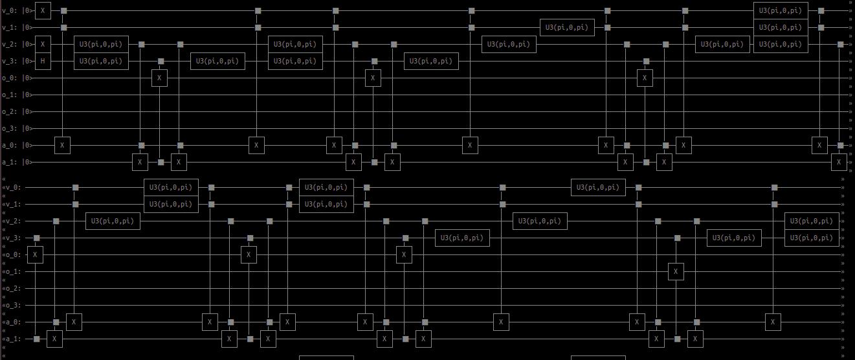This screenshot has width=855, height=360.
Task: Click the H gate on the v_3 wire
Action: pyautogui.click(x=43, y=62)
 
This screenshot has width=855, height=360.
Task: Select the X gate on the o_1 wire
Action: pyautogui.click(x=676, y=272)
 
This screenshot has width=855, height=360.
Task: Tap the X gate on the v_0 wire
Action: pyautogui.click(x=43, y=11)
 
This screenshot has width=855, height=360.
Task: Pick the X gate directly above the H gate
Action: pyautogui.click(x=43, y=45)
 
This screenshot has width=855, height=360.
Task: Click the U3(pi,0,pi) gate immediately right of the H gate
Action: pyautogui.click(x=101, y=62)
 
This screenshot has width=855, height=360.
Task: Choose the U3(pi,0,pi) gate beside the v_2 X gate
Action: pyautogui.click(x=101, y=45)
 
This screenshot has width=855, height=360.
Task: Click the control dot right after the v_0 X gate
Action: pyautogui.click(x=63, y=11)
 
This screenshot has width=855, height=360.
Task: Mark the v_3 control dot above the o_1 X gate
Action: pyautogui.click(x=677, y=238)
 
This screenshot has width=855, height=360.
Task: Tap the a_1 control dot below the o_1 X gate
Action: pyautogui.click(x=677, y=339)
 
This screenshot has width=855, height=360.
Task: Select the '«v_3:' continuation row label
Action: pyautogui.click(x=12, y=238)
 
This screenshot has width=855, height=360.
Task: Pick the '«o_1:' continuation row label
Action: pyautogui.click(x=12, y=272)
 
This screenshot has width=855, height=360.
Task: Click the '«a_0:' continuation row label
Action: pyautogui.click(x=12, y=322)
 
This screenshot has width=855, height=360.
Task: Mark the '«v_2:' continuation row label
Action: pyautogui.click(x=12, y=221)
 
